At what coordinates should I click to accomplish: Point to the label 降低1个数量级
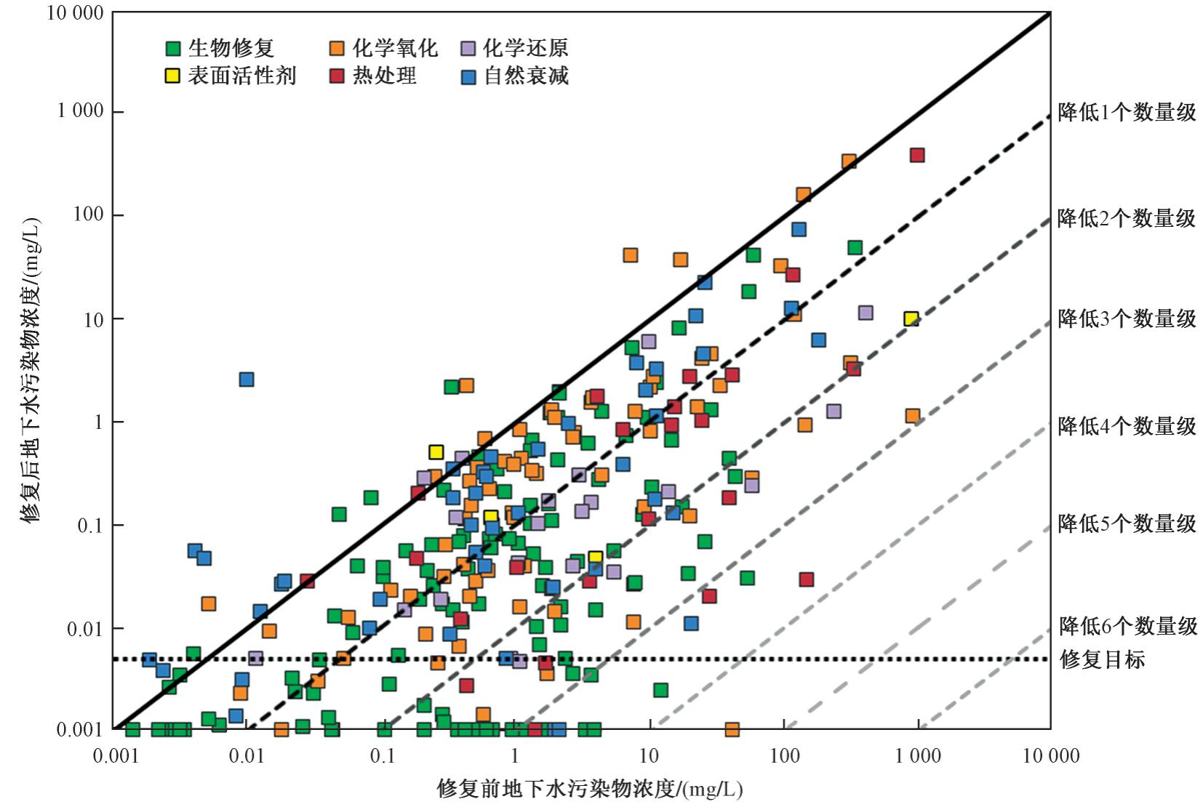tap(1127, 113)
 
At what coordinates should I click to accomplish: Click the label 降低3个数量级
tap(1127, 318)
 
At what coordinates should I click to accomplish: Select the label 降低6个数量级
tap(1127, 626)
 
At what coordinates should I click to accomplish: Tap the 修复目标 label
tap(1103, 659)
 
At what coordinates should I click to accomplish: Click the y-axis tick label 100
tap(88, 215)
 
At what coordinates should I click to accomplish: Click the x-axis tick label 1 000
tap(917, 756)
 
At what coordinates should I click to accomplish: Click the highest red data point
tap(917, 155)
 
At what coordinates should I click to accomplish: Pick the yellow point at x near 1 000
tap(911, 319)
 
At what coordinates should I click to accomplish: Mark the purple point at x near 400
tap(866, 313)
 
